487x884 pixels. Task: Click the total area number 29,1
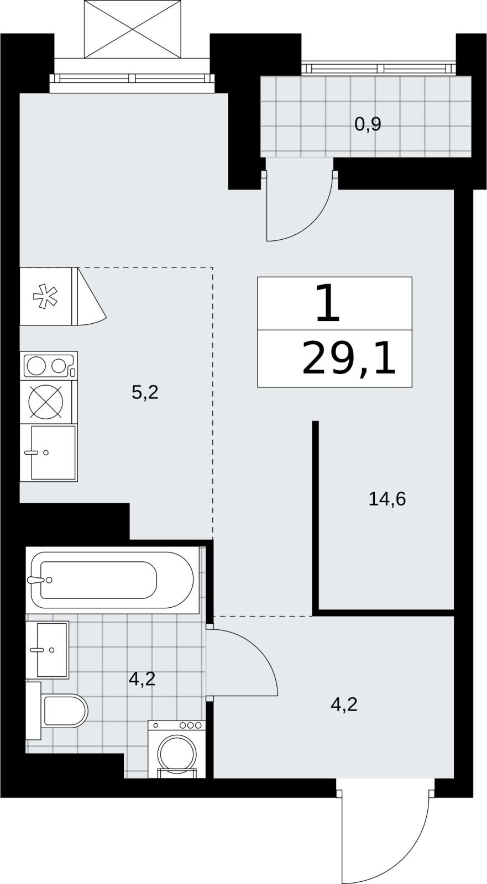(x=349, y=359)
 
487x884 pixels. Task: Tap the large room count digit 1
(x=327, y=303)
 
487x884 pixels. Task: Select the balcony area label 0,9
(x=368, y=124)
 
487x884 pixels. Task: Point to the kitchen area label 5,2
(x=145, y=392)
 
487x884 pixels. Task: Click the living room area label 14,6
(x=387, y=499)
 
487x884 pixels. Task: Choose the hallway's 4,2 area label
(x=344, y=704)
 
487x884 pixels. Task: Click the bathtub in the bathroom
(x=112, y=580)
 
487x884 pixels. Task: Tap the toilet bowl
(x=63, y=711)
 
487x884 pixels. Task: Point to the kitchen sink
(x=49, y=452)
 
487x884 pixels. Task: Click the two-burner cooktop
(x=49, y=365)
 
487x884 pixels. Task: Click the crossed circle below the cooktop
(x=46, y=402)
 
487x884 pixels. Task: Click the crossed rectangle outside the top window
(x=133, y=29)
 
